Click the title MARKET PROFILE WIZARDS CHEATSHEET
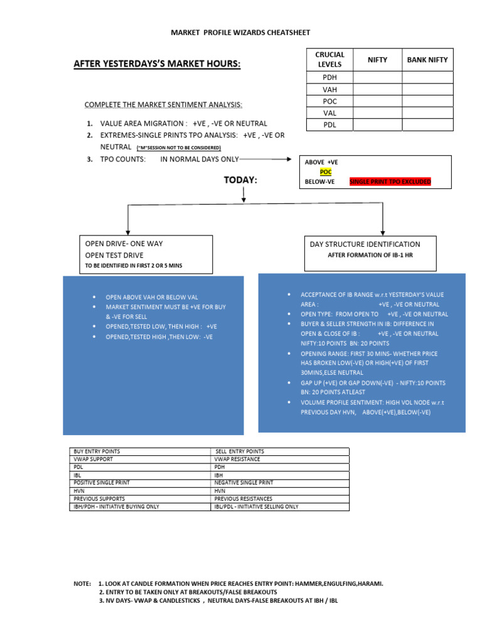click(241, 33)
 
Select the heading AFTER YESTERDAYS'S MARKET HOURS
click(157, 64)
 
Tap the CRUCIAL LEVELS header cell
click(329, 60)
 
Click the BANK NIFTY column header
click(427, 60)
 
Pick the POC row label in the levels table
click(329, 101)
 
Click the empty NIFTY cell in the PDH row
click(378, 77)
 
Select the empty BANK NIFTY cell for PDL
click(427, 125)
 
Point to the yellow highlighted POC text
click(325, 171)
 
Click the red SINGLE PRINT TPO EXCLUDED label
click(390, 181)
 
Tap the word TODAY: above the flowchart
click(241, 180)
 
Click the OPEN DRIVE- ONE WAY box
click(146, 254)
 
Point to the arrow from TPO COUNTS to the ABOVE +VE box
click(267, 159)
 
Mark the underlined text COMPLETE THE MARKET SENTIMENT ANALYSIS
click(163, 104)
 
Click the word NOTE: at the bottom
click(82, 583)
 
